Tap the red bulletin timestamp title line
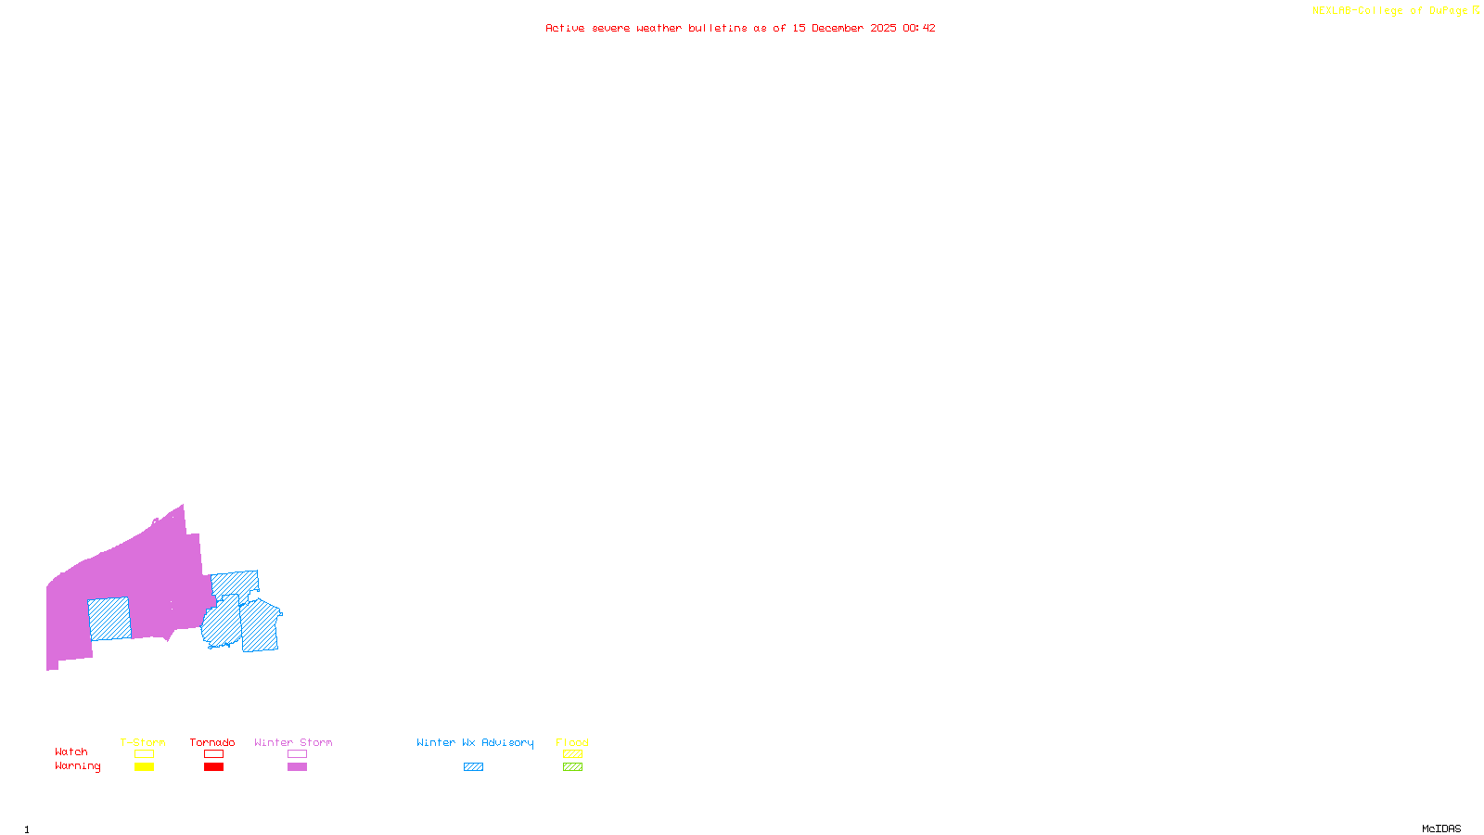tap(740, 29)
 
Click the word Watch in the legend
tap(71, 752)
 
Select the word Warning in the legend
tap(78, 766)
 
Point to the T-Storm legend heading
tap(143, 742)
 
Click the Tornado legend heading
tap(212, 742)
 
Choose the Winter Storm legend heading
tap(293, 742)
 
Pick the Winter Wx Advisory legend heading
tap(475, 742)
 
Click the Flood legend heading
tap(572, 742)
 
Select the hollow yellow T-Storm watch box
tap(144, 754)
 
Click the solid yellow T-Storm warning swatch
tap(144, 767)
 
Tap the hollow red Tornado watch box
tap(213, 754)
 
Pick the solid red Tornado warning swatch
tap(213, 767)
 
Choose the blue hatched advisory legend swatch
tap(473, 767)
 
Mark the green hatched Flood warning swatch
tap(572, 767)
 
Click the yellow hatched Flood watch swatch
tap(572, 754)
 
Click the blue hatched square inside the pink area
tap(109, 619)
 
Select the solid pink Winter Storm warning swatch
tap(297, 767)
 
